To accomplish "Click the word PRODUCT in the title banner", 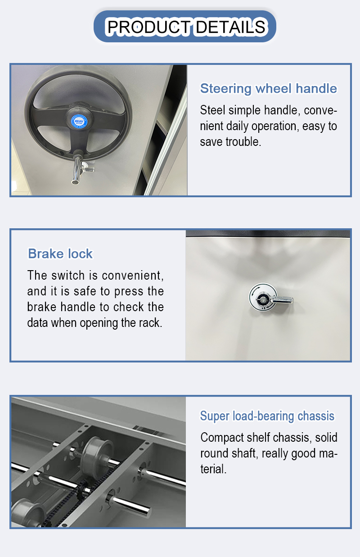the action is pos(149,27).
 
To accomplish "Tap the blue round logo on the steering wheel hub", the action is pos(79,121).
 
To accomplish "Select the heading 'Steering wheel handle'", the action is pos(268,89).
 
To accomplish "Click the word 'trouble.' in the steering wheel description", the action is pos(243,142).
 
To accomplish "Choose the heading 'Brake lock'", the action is pos(60,254).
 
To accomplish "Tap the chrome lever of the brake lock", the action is pos(281,300).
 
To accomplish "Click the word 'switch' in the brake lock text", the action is pos(68,275).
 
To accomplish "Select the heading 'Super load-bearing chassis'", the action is pos(267,416).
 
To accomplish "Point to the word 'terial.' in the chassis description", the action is pos(213,469).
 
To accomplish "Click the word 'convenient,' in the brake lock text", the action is pos(133,276).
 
